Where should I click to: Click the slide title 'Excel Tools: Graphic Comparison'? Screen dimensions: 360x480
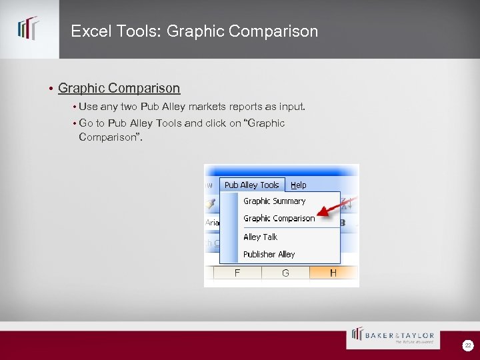pyautogui.click(x=194, y=31)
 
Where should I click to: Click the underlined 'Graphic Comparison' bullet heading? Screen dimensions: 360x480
pyautogui.click(x=119, y=88)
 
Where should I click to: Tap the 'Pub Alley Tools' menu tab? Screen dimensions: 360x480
pyautogui.click(x=251, y=185)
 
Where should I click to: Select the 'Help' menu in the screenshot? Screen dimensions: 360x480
pyautogui.click(x=299, y=185)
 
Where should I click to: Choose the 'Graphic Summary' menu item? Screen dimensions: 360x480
pyautogui.click(x=274, y=201)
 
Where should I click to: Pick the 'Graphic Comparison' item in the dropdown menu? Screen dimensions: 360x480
pyautogui.click(x=279, y=218)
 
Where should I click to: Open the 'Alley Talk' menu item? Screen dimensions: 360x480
pyautogui.click(x=260, y=237)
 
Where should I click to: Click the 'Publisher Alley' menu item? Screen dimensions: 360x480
pyautogui.click(x=269, y=254)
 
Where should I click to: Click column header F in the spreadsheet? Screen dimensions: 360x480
pyautogui.click(x=237, y=273)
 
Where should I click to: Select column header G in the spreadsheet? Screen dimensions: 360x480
pyautogui.click(x=285, y=273)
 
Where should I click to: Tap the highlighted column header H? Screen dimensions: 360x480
pyautogui.click(x=333, y=273)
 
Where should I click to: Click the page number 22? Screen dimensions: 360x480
pyautogui.click(x=468, y=345)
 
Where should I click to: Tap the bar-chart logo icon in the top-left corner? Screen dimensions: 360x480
pyautogui.click(x=29, y=29)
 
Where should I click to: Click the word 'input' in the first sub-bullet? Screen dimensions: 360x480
pyautogui.click(x=291, y=106)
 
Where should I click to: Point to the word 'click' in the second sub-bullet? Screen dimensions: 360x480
pyautogui.click(x=216, y=123)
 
